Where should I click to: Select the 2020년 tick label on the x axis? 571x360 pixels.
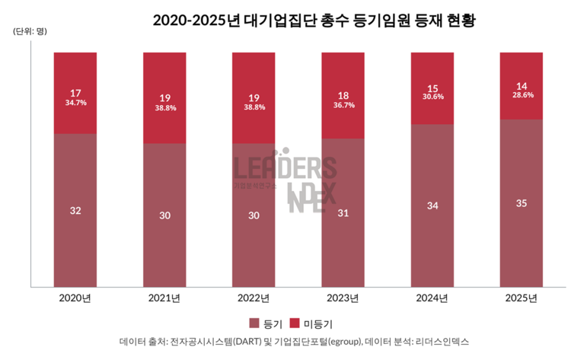tap(75, 298)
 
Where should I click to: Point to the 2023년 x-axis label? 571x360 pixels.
tap(343, 298)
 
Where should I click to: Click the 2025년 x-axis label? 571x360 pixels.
tap(521, 298)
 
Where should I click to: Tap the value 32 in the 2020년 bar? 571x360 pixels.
tap(75, 210)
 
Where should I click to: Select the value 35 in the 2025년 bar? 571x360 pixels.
tap(521, 203)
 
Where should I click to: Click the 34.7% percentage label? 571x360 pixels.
tap(75, 102)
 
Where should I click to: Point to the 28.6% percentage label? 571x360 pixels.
tap(521, 95)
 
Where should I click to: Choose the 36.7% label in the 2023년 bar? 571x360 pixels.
tap(343, 104)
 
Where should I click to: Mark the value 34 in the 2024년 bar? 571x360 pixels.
tap(432, 205)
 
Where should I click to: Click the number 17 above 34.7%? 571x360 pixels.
tap(75, 92)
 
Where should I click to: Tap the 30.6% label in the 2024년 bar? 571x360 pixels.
tap(432, 97)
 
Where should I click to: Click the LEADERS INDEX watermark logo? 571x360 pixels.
tap(286, 180)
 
